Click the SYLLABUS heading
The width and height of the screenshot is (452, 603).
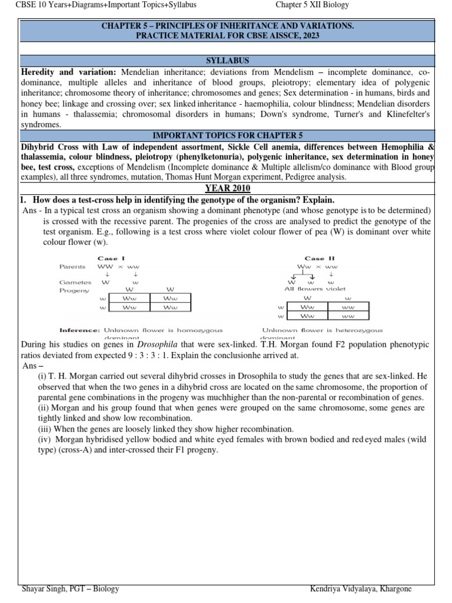pos(227,61)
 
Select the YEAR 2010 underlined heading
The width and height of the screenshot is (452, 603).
pos(227,188)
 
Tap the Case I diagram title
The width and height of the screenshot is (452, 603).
pos(111,259)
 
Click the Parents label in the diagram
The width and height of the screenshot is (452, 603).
pos(72,267)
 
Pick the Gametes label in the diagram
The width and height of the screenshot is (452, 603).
pos(75,282)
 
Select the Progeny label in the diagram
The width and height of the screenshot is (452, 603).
pos(74,290)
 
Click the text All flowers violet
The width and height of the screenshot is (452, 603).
pos(315,289)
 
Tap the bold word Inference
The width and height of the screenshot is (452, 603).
pos(79,330)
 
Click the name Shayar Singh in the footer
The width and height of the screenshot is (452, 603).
pos(44,589)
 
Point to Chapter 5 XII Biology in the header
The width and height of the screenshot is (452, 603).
pos(312,5)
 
